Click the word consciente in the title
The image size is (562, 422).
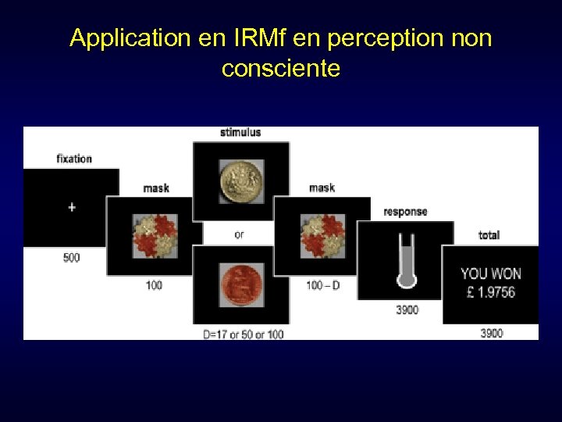[x=281, y=69]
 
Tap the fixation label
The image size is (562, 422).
[x=74, y=159]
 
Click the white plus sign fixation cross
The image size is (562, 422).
[x=72, y=207]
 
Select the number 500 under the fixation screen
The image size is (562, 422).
[x=71, y=258]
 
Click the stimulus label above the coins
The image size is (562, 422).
[x=240, y=133]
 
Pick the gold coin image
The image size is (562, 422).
[x=240, y=181]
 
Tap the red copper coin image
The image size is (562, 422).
[x=240, y=284]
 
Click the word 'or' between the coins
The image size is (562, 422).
[x=239, y=234]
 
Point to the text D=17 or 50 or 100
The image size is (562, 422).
[x=244, y=334]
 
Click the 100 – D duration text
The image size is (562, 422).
[x=323, y=285]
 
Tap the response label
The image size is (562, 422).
[x=406, y=212]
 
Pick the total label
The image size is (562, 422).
[x=489, y=235]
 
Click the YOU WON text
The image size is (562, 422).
[x=490, y=274]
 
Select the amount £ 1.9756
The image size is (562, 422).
[x=489, y=292]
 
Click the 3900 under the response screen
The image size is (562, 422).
[x=407, y=310]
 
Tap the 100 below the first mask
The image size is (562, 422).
[x=155, y=285]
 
